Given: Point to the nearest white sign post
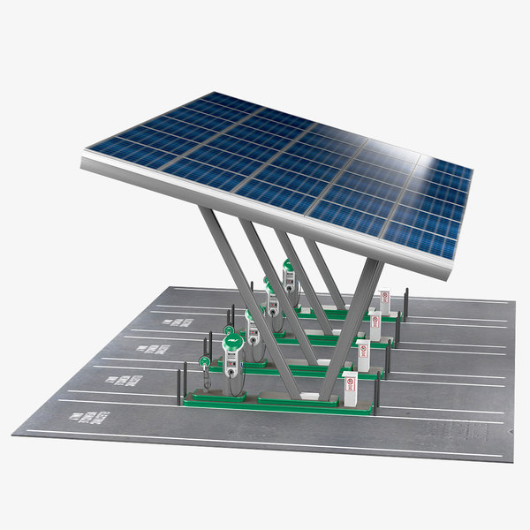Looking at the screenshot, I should (350, 390).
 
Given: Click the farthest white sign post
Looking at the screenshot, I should (384, 302).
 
